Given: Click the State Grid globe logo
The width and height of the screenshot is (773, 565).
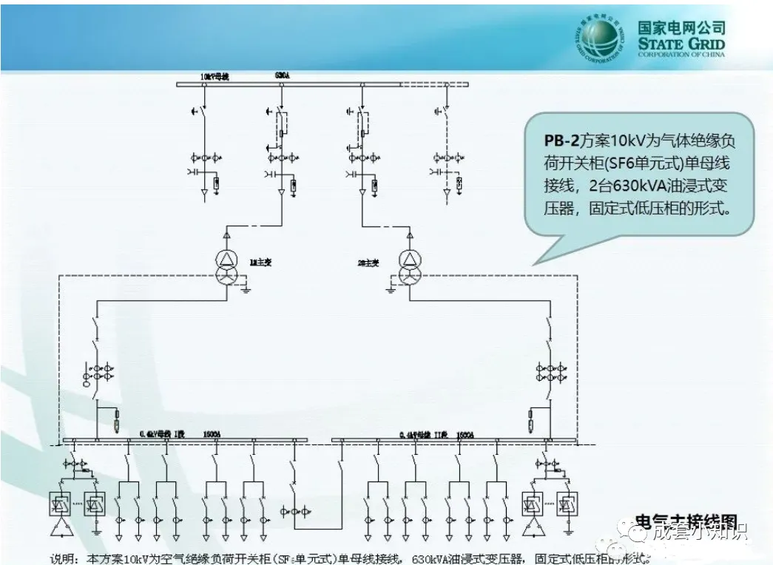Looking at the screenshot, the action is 599,38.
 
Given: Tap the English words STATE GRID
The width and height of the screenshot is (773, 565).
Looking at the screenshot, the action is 682,44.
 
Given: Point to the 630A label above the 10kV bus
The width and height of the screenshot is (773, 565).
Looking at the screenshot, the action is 282,75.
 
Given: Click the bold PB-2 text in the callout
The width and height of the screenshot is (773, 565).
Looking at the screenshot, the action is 562,140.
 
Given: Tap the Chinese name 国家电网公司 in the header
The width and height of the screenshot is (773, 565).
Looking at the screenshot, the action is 681,27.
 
